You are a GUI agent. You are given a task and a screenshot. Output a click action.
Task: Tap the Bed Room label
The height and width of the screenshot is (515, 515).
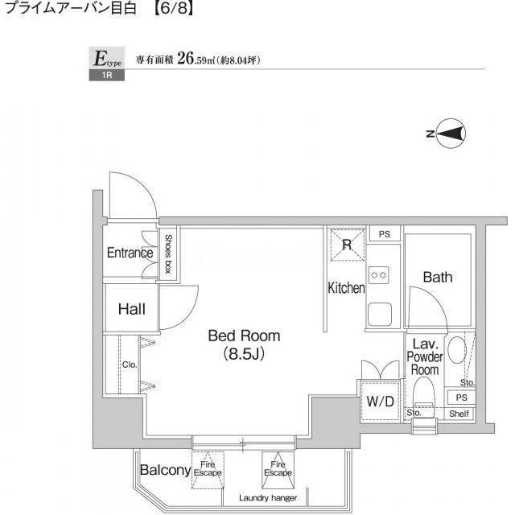244,336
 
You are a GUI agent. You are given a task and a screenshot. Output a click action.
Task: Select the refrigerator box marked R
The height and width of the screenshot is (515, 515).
348,245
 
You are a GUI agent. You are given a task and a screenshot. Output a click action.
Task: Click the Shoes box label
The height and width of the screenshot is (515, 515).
168,253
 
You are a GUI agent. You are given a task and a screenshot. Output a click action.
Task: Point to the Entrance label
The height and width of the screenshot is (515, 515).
130,253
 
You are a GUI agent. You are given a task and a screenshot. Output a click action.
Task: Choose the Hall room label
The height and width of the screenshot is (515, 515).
132,309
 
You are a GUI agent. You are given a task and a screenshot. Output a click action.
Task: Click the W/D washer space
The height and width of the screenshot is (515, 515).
380,402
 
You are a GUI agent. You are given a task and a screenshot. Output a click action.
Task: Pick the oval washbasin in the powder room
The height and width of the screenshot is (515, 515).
457,350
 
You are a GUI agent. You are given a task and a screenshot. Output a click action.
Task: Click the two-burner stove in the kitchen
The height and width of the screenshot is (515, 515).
379,275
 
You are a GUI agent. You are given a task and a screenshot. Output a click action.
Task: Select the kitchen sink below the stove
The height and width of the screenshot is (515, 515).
380,315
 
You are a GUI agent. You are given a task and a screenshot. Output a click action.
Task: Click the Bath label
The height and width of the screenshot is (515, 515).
438,277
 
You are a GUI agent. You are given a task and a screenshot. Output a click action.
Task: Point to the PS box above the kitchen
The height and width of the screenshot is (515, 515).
385,234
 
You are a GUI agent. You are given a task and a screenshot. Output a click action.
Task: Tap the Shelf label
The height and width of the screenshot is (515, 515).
459,414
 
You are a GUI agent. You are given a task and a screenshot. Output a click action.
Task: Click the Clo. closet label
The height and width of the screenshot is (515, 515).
130,365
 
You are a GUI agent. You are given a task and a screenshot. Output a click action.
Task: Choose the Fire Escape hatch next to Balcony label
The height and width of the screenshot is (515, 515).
208,470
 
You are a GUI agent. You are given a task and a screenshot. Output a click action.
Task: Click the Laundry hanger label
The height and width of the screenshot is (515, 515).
268,498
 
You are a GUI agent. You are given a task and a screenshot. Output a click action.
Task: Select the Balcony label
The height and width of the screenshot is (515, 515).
165,470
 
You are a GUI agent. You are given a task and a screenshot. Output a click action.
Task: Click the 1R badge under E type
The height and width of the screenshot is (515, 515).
107,75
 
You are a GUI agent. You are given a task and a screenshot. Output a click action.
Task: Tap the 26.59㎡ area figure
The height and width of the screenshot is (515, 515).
196,60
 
